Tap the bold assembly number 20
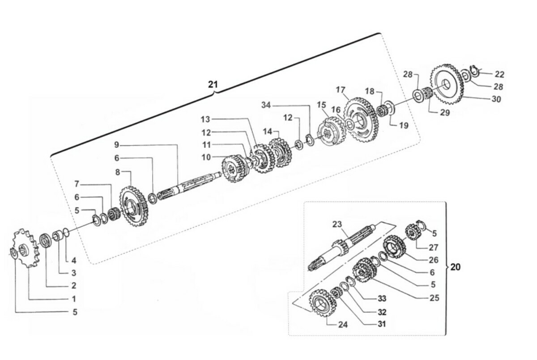455,267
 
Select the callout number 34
267,105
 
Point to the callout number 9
117,144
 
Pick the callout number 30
496,99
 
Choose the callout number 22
499,74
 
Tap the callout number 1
74,299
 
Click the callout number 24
343,325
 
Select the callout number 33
381,298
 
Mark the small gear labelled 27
412,232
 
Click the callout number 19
404,126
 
